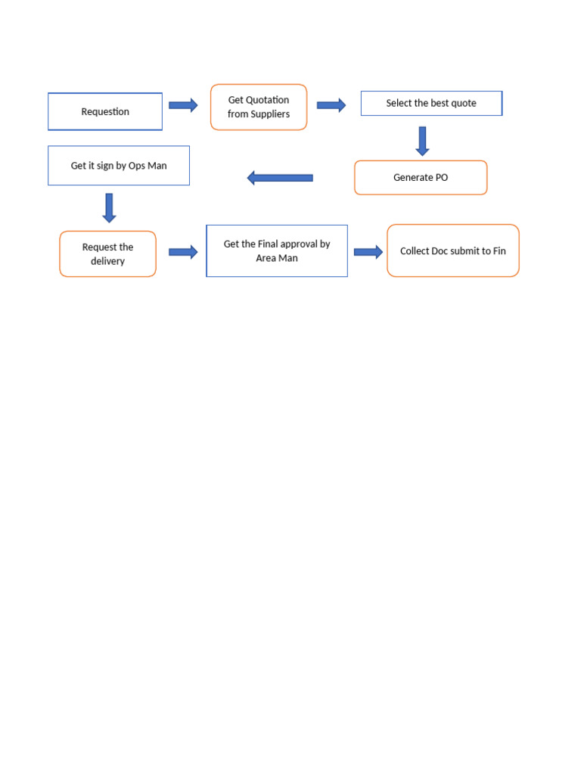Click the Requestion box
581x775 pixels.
(x=105, y=111)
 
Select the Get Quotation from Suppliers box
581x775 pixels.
(x=259, y=107)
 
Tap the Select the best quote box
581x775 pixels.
(x=431, y=104)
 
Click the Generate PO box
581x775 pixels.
(x=421, y=178)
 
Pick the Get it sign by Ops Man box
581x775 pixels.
(x=119, y=166)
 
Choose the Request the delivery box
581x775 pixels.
(x=107, y=254)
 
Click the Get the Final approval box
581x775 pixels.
(x=277, y=251)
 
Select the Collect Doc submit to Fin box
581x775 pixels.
(x=453, y=251)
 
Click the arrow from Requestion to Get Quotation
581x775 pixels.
(x=183, y=105)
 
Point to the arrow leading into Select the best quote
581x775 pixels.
(x=331, y=105)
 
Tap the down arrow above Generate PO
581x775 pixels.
(x=422, y=141)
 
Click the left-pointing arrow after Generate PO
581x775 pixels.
(x=280, y=178)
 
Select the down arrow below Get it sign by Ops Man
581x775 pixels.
(x=109, y=207)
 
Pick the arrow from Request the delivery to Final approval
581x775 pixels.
(x=183, y=252)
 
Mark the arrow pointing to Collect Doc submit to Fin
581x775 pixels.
(x=368, y=252)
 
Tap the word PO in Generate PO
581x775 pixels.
(x=440, y=178)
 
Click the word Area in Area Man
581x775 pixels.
(x=266, y=258)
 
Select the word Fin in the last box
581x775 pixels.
(x=499, y=251)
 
